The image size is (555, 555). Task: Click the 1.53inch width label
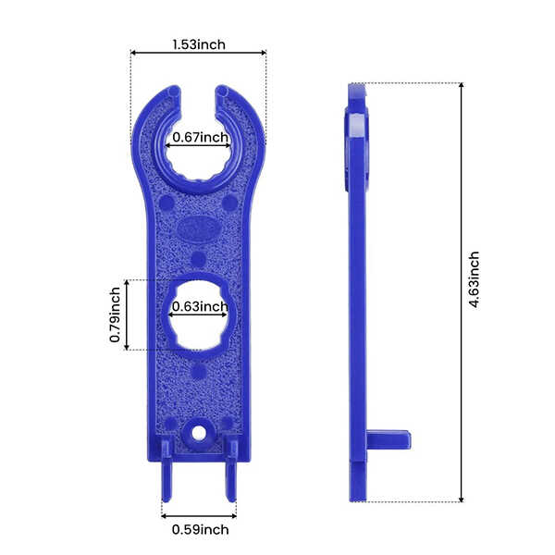click(x=198, y=43)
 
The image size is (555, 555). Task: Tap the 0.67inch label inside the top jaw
click(x=200, y=138)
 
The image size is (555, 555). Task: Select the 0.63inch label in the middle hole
click(x=200, y=306)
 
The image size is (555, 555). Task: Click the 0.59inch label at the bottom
click(x=200, y=530)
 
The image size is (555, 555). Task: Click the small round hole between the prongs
click(x=198, y=432)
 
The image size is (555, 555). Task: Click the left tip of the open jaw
click(x=172, y=95)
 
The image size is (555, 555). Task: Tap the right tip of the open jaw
click(x=224, y=95)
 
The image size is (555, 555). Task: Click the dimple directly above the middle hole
click(x=198, y=259)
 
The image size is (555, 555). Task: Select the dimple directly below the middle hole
click(x=198, y=372)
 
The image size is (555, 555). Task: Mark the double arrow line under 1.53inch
click(x=198, y=54)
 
